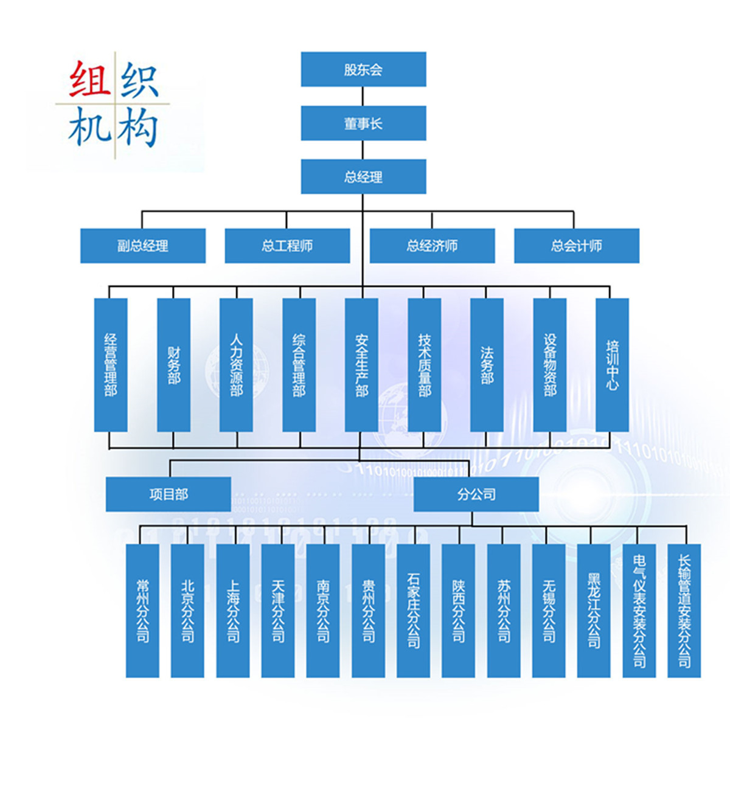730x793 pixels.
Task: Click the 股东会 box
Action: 363,69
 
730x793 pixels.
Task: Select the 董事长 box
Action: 363,123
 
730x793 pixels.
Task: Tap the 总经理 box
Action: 363,177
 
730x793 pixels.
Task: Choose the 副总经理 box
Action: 143,246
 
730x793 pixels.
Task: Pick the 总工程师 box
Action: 287,246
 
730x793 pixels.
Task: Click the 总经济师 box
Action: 432,246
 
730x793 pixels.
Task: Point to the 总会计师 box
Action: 577,246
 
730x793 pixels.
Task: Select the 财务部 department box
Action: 173,365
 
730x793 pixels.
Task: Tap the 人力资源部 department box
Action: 236,365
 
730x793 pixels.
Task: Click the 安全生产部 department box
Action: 361,365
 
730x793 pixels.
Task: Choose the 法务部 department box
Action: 487,365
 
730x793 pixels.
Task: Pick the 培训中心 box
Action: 612,365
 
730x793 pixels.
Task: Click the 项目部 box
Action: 169,494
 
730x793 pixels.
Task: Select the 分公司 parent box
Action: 476,494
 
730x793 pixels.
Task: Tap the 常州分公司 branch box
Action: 142,611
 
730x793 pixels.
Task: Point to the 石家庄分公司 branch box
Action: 413,611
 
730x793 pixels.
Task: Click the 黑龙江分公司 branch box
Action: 594,611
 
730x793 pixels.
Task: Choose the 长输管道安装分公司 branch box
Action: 684,611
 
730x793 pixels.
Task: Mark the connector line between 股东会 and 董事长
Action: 363,96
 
